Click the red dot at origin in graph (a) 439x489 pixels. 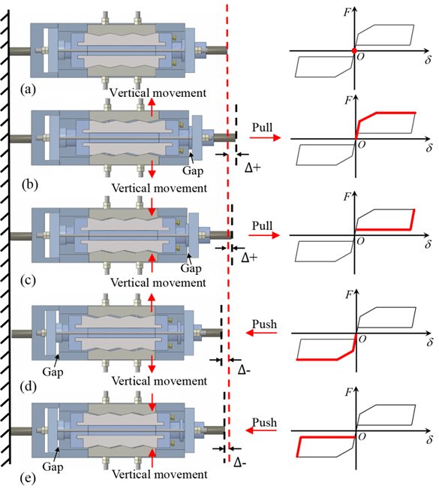pos(354,50)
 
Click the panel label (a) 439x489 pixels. pos(28,89)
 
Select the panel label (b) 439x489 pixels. pos(30,185)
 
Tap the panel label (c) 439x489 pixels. pos(28,280)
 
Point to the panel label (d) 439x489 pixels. pos(29,387)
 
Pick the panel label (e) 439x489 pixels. pos(28,478)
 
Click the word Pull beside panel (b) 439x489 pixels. pos(262,127)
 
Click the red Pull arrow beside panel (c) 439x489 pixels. pos(264,235)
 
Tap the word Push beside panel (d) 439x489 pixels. pos(264,324)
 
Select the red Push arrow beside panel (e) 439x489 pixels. pos(261,430)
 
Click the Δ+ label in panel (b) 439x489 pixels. pos(252,168)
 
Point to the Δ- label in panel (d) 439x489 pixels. pos(244,370)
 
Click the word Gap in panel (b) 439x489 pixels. pos(193,171)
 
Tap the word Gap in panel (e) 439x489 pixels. pos(53,467)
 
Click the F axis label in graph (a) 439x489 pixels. pos(347,12)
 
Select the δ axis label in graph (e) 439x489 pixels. pos(430,439)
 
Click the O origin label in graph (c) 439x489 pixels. pos(360,241)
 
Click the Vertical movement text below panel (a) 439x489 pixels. pos(158,92)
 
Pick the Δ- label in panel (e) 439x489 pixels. pos(240,463)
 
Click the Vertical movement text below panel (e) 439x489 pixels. pos(160,474)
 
